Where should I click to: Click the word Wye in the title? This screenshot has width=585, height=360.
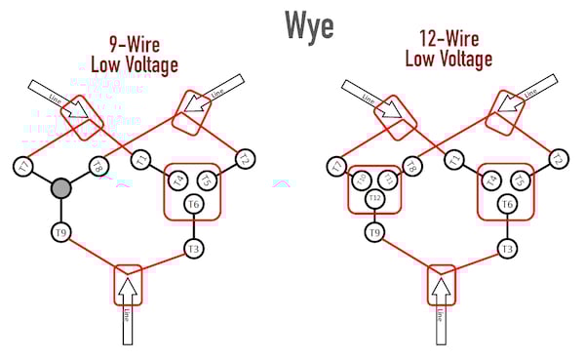pos(309,24)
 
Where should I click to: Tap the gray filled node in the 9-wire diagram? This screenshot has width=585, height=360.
pos(61,186)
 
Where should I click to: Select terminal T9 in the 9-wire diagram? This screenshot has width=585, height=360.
pos(61,232)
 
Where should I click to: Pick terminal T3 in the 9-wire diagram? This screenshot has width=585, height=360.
pos(193,250)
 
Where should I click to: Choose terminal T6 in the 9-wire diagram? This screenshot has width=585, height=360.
pos(193,204)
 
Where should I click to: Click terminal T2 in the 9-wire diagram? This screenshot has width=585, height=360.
pos(245,159)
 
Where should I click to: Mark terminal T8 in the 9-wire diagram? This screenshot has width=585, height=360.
pos(97,167)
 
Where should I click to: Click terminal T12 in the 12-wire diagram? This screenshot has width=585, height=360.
pos(375,199)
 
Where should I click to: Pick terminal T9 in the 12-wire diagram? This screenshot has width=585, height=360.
pos(375,233)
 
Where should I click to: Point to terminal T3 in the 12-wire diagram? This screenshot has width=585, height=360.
pos(506,250)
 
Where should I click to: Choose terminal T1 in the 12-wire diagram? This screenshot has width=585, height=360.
pos(454,159)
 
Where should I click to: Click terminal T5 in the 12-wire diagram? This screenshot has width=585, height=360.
pos(519,180)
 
